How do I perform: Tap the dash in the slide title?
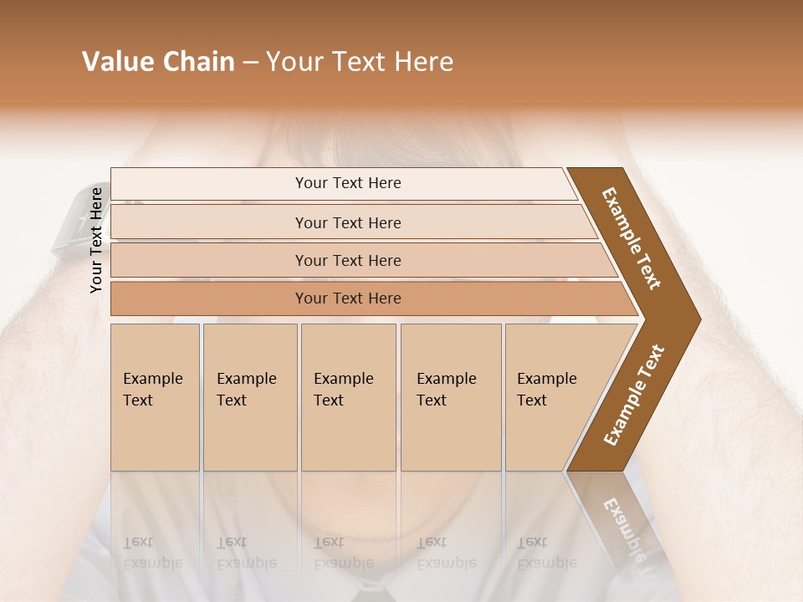tap(250, 63)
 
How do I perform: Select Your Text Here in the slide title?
tap(360, 62)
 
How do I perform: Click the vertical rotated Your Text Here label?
tap(96, 240)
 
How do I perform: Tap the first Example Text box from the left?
tap(155, 397)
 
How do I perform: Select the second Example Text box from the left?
tap(250, 397)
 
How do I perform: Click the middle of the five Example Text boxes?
tap(348, 397)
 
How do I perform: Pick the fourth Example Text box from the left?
tap(451, 397)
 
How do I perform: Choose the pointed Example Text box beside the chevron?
tap(552, 397)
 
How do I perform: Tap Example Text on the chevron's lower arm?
tap(634, 395)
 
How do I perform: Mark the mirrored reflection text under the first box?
tap(152, 553)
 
